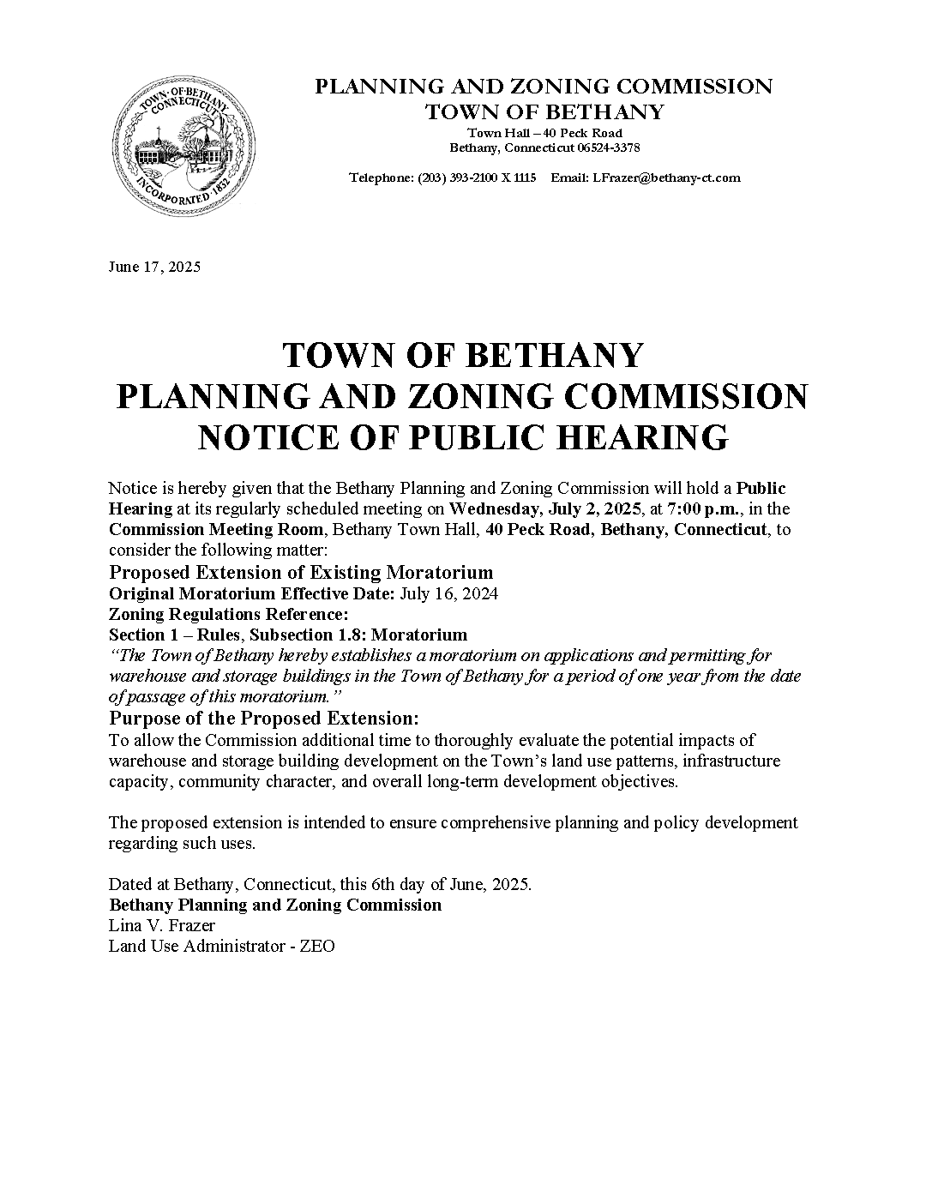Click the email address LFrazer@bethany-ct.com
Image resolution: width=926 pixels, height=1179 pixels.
pos(666,178)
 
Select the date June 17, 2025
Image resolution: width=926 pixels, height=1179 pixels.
pos(154,267)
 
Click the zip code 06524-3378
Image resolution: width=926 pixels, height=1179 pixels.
pos(608,147)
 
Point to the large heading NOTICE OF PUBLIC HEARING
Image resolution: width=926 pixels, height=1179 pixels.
pos(463,437)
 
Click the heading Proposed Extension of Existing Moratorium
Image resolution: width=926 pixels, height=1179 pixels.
pos(301,572)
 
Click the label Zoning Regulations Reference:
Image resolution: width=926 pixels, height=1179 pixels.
pos(229,614)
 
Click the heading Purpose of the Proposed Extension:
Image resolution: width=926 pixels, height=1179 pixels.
pos(264,718)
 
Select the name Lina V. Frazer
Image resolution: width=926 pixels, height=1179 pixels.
pos(161,926)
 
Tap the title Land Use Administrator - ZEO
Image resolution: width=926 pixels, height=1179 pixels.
pos(221,947)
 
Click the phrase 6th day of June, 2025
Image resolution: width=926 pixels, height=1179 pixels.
pos(452,885)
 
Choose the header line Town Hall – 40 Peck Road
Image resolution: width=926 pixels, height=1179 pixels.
pos(544,133)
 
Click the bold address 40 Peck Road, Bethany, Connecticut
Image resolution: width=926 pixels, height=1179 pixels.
pos(626,529)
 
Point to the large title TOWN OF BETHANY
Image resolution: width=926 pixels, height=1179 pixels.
pos(463,355)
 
